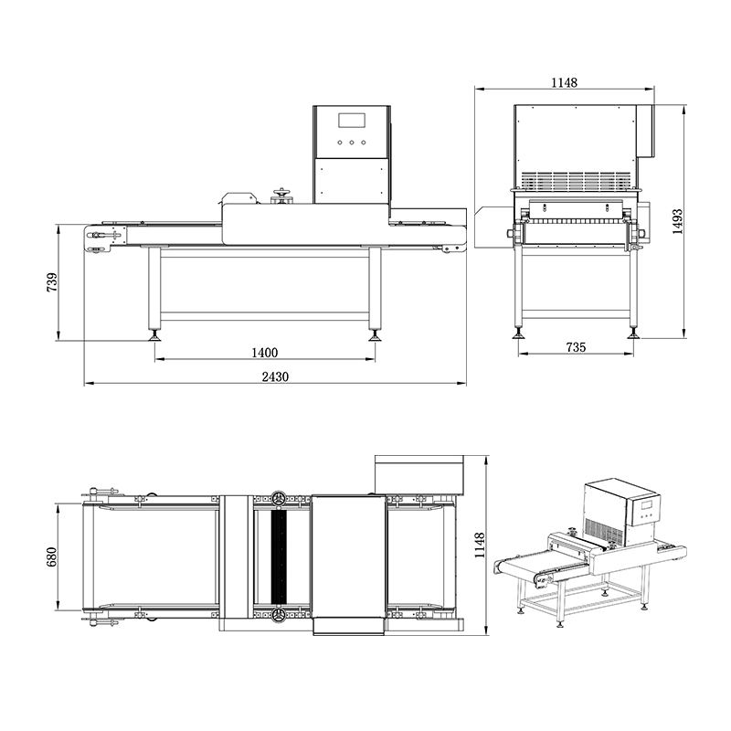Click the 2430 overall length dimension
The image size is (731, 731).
click(275, 376)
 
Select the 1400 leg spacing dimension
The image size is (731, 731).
click(265, 353)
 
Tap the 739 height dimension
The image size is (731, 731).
click(52, 282)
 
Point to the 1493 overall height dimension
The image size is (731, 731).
click(677, 221)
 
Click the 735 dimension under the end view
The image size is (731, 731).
click(576, 347)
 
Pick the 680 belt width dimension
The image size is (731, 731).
click(51, 556)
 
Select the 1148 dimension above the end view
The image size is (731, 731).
click(564, 82)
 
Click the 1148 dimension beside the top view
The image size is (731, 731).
click(480, 546)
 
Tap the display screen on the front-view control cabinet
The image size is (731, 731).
click(353, 121)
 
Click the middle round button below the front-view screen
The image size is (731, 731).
click(352, 143)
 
